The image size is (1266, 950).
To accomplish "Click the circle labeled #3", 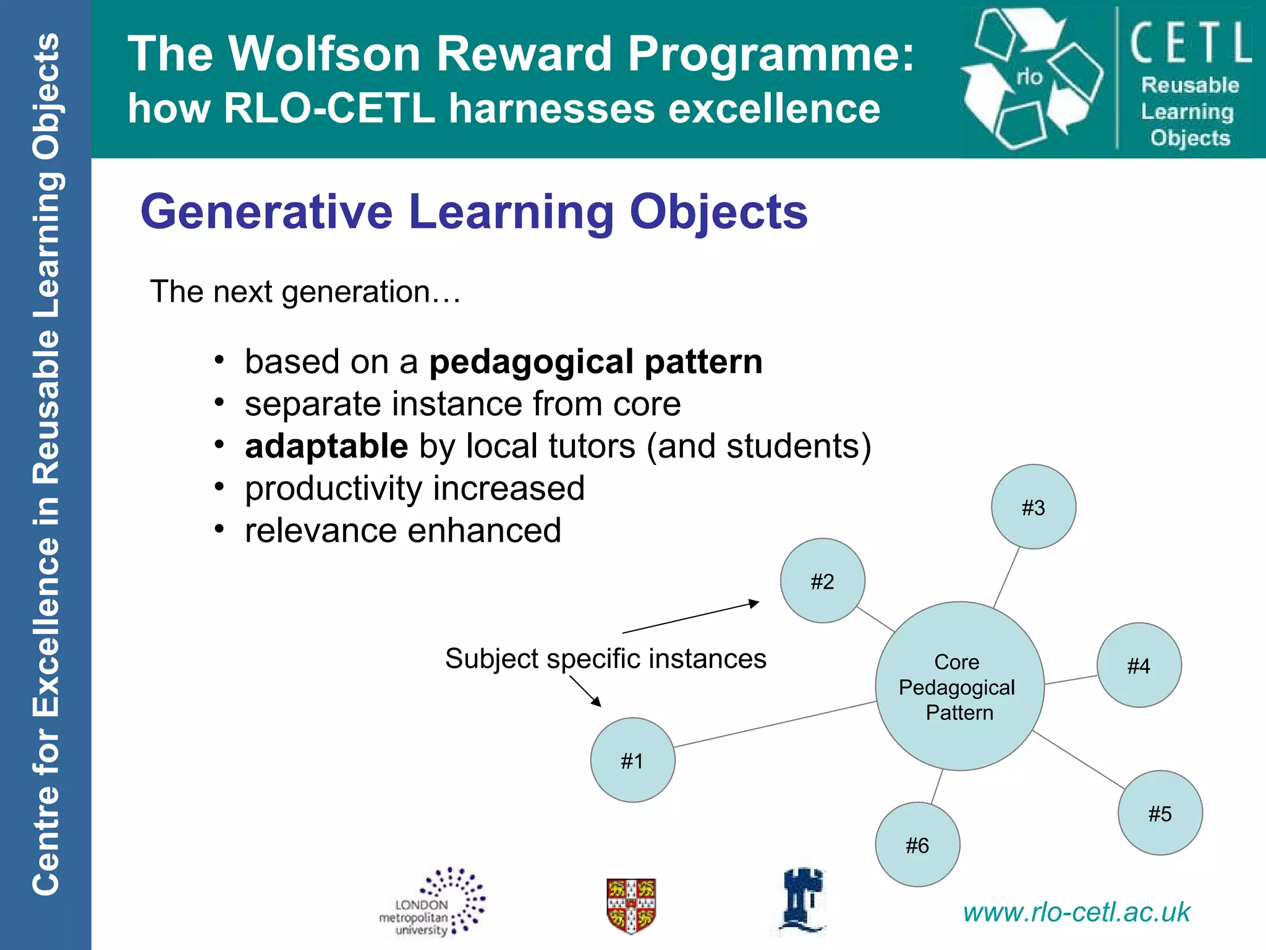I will (1033, 507).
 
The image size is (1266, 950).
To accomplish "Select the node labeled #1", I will (632, 760).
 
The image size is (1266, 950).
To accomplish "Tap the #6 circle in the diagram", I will (917, 845).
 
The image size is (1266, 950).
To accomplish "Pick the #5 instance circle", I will (1160, 813).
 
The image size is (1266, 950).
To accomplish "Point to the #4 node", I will (1139, 665).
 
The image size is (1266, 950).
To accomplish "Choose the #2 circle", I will (822, 581).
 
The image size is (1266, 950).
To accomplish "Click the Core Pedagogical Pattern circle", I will (959, 687).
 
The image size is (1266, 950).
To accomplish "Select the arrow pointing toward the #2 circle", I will (690, 617).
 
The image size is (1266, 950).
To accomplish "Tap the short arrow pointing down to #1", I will (585, 691).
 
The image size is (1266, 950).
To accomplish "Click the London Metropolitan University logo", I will (433, 903).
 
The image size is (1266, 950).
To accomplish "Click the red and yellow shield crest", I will (631, 905).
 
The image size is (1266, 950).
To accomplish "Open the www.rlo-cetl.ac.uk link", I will (1076, 912).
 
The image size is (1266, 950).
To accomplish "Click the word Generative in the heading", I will (266, 212).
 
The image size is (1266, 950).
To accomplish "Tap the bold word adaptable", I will (326, 447).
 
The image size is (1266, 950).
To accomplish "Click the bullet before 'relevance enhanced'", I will (219, 530).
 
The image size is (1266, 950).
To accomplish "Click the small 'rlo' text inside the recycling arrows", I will (1029, 77).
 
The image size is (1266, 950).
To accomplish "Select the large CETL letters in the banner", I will (1190, 43).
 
